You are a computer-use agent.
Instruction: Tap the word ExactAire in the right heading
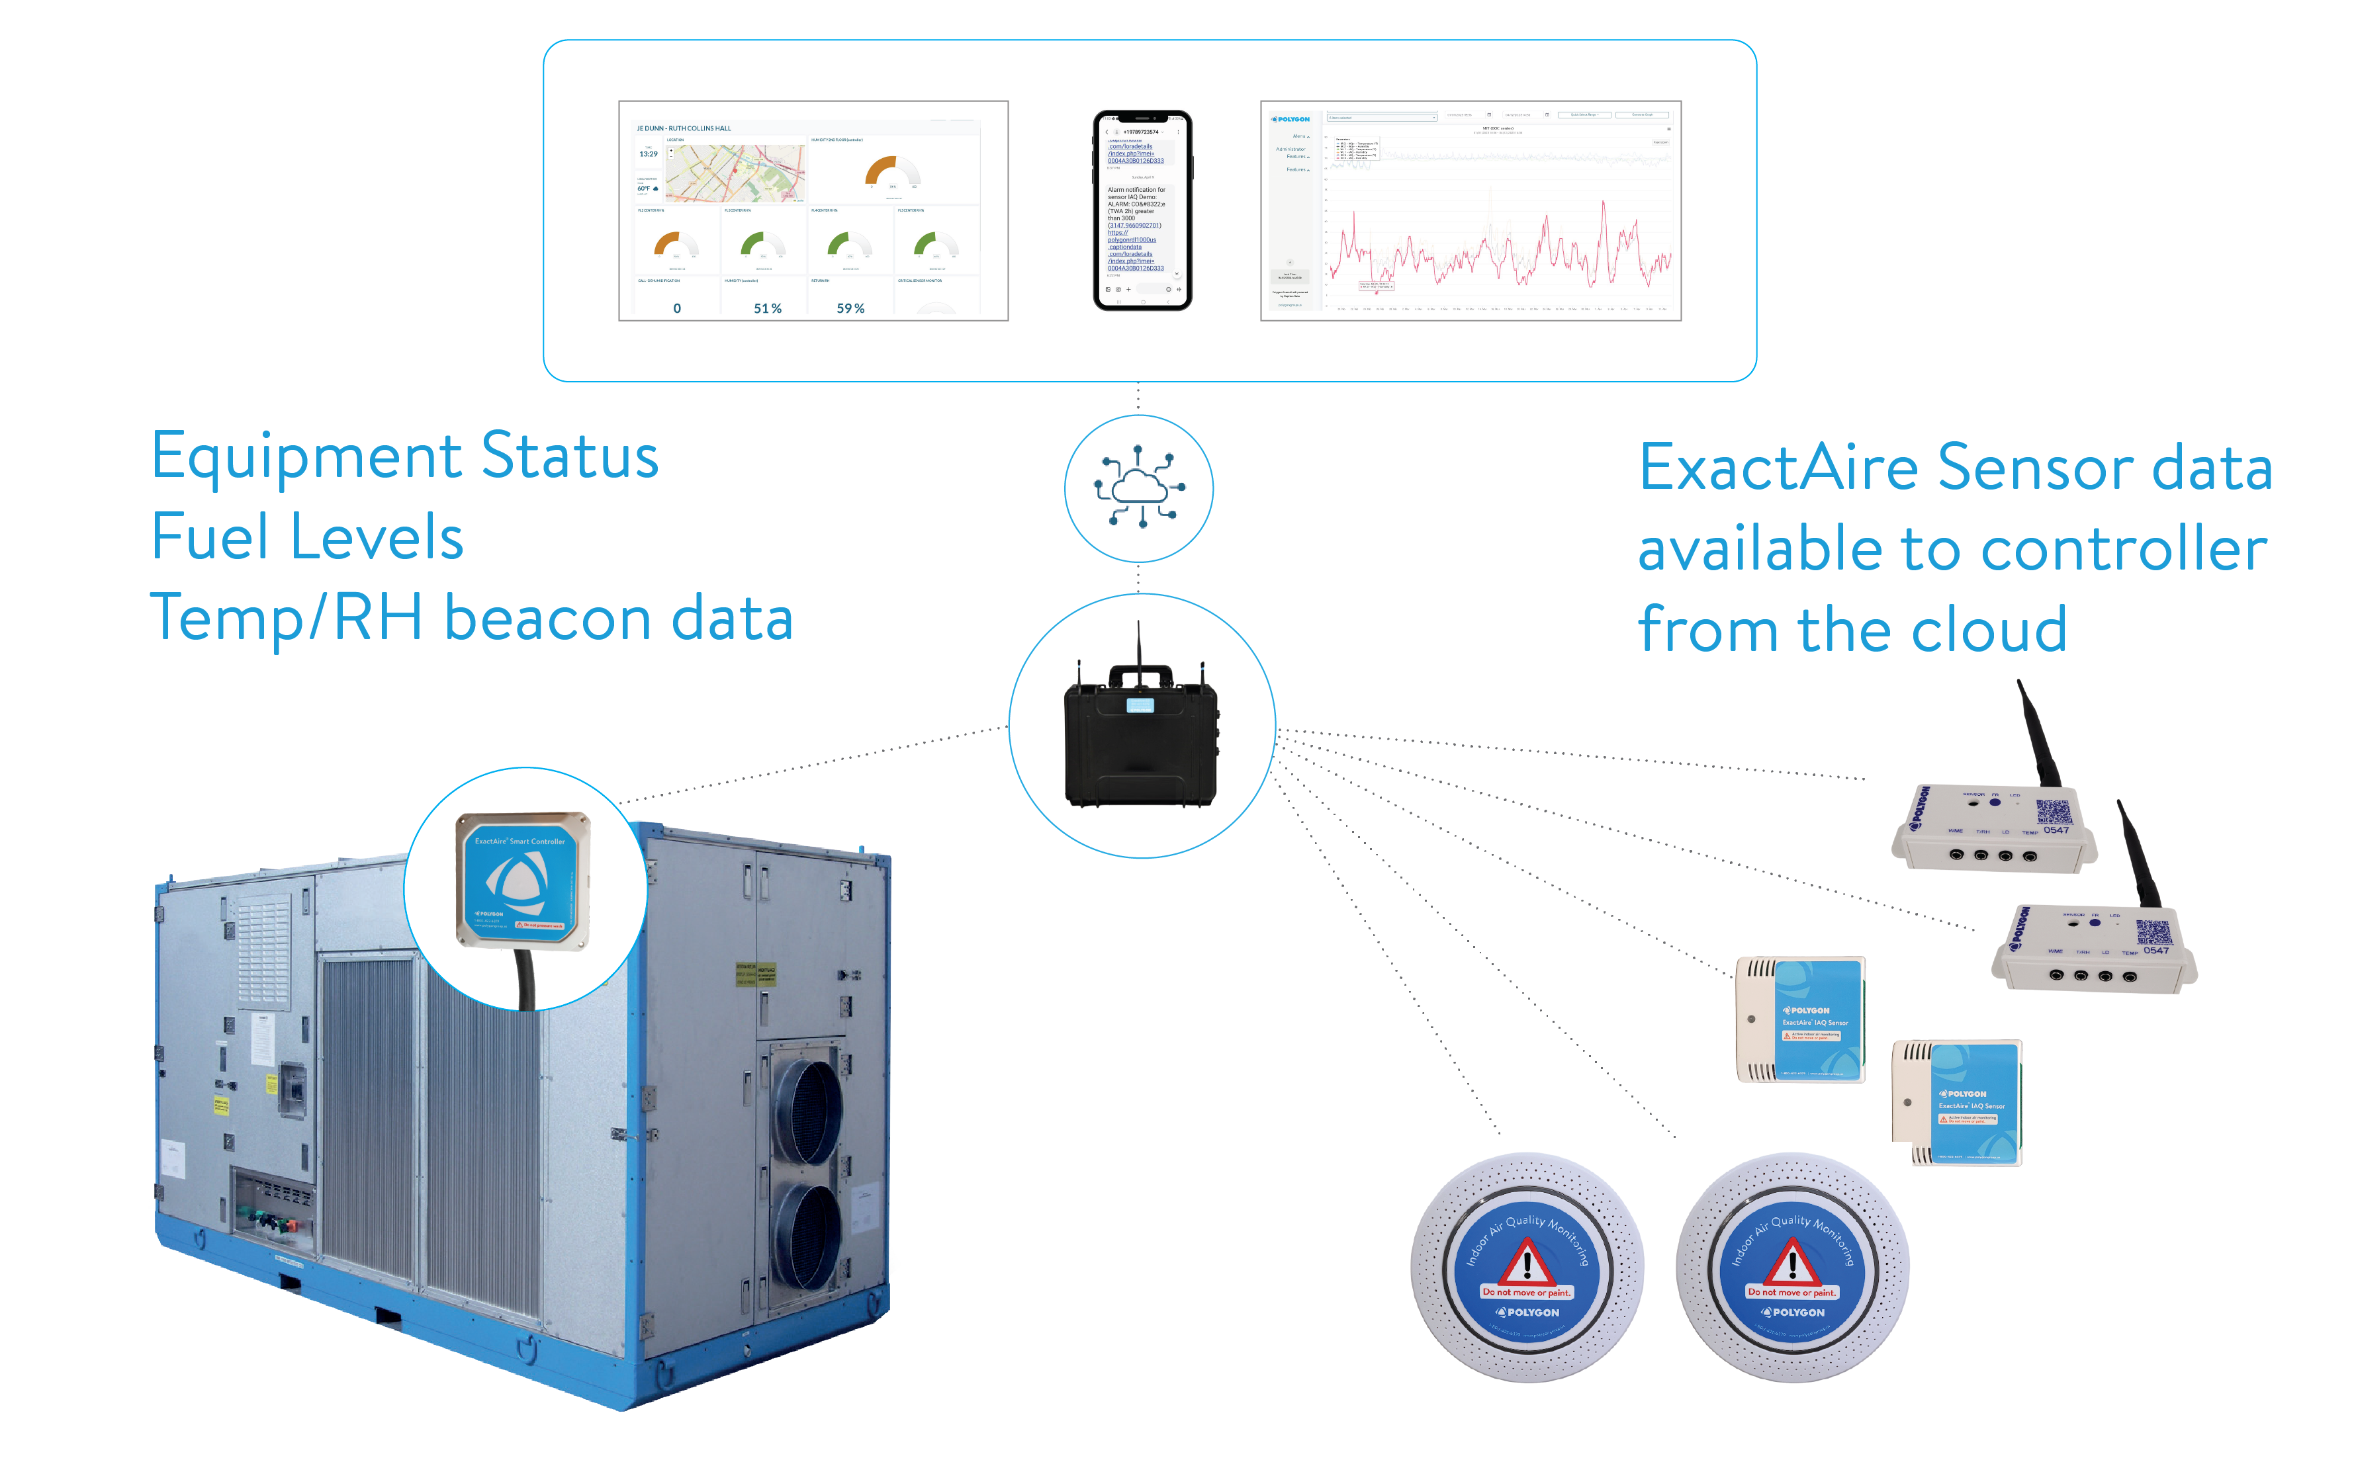(x=1778, y=468)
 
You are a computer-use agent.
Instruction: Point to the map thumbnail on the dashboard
(x=733, y=173)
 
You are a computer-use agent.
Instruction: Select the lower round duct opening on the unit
(x=805, y=1238)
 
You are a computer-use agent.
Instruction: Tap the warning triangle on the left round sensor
(x=1527, y=1262)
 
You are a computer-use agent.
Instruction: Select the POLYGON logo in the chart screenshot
(x=1291, y=119)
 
